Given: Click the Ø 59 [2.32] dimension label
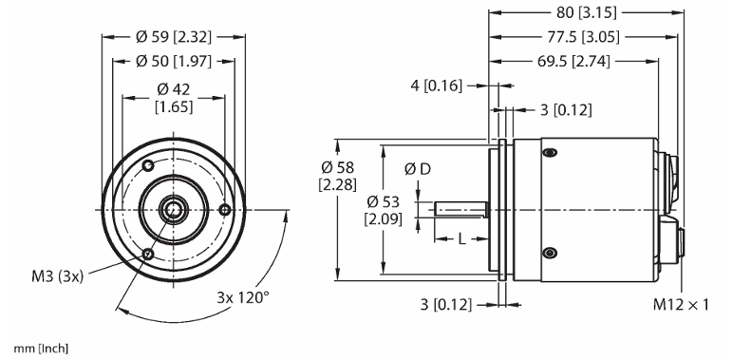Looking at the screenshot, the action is pos(174,37).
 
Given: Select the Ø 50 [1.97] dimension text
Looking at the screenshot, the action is pos(174,61).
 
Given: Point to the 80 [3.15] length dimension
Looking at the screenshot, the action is pos(587,12).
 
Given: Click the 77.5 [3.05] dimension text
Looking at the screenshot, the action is pos(584,37).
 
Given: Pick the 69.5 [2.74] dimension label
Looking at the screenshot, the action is pos(573,61).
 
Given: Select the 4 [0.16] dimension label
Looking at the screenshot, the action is pos(436,85).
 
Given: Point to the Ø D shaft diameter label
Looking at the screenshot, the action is pos(418,169).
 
